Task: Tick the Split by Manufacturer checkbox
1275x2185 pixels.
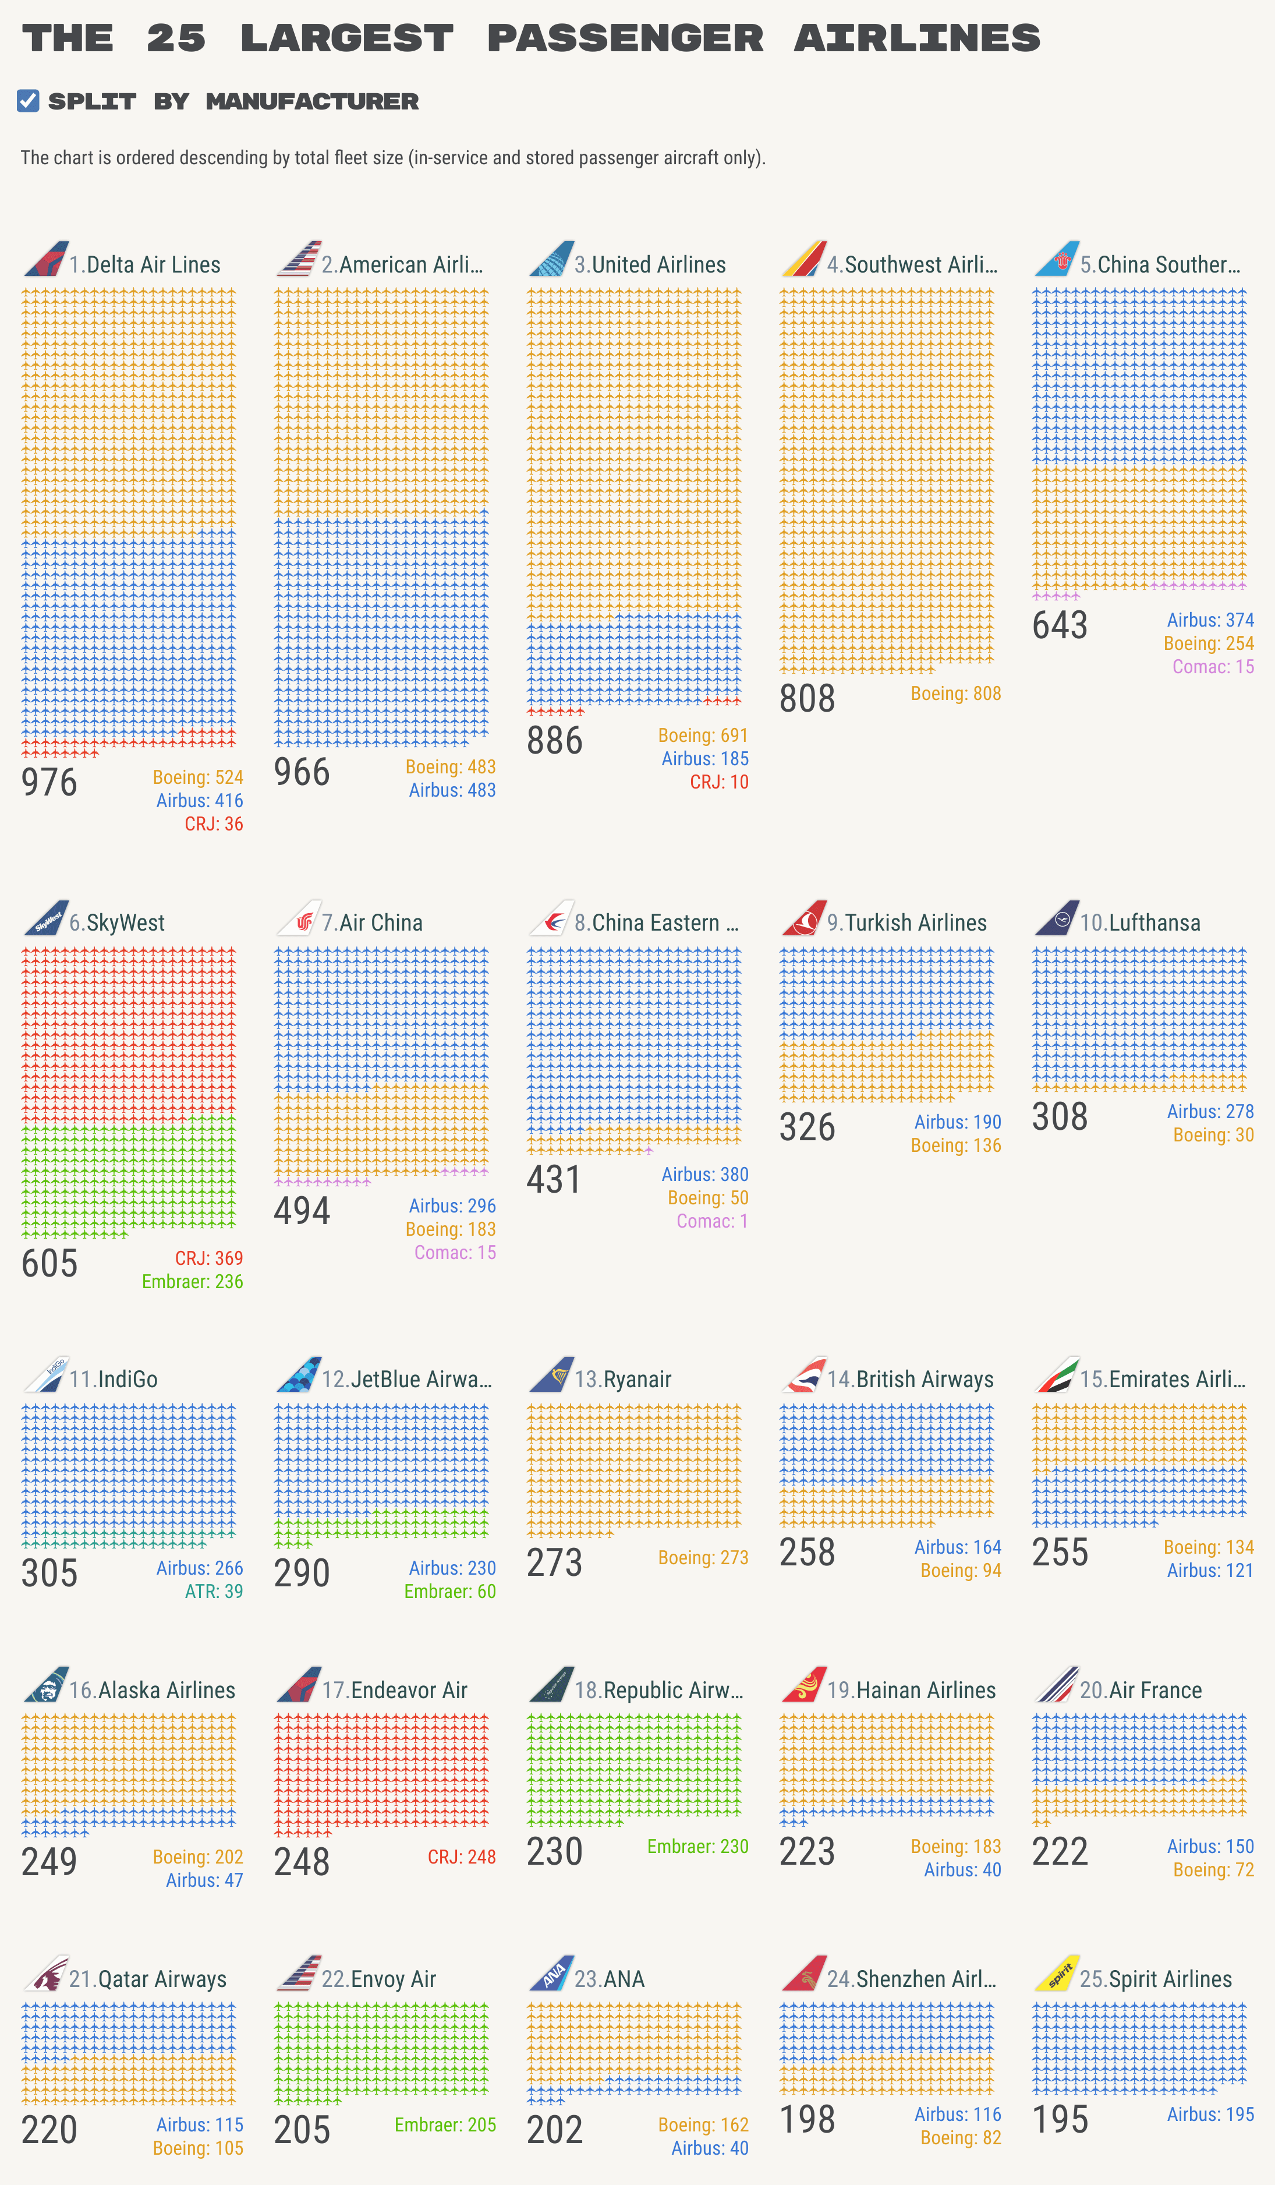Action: pyautogui.click(x=28, y=101)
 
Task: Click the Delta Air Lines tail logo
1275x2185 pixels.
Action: pyautogui.click(x=46, y=259)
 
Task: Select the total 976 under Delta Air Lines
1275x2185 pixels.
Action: pyautogui.click(x=49, y=782)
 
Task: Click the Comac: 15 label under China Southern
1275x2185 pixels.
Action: pyautogui.click(x=1213, y=667)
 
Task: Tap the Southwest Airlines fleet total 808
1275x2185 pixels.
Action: pyautogui.click(x=807, y=699)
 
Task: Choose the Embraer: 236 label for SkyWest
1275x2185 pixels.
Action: pyautogui.click(x=193, y=1282)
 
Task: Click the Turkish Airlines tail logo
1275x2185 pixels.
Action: pyautogui.click(x=803, y=917)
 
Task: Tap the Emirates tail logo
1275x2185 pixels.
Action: pyautogui.click(x=1057, y=1374)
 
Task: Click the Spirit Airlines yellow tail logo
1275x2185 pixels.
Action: pyautogui.click(x=1057, y=1974)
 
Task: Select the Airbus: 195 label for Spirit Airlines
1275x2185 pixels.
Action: pyautogui.click(x=1210, y=2114)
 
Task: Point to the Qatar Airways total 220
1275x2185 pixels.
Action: pyautogui.click(x=49, y=2130)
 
